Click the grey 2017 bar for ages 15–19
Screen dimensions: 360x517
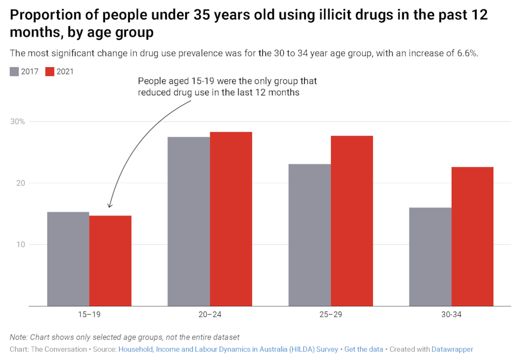point(68,259)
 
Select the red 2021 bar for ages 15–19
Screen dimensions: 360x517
point(110,261)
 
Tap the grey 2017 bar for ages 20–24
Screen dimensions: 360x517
point(188,221)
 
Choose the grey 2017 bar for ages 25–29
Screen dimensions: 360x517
point(310,235)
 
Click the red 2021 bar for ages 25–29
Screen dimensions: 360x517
point(352,221)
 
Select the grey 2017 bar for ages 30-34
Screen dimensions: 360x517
point(430,257)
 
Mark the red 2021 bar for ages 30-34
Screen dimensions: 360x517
point(472,237)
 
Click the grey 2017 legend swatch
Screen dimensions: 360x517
point(15,72)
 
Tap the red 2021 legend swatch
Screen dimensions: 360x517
point(50,72)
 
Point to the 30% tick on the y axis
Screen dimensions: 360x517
point(18,122)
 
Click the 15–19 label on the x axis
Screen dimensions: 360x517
point(89,314)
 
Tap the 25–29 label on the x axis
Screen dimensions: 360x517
point(331,314)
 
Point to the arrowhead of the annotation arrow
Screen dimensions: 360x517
point(109,206)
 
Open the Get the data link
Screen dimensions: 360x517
point(364,349)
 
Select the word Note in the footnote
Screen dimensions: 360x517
point(18,337)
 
